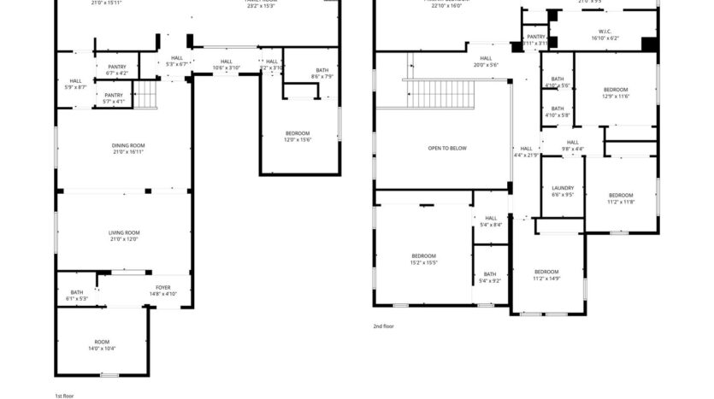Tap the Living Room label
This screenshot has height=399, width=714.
pos(124,236)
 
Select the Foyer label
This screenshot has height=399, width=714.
pos(162,290)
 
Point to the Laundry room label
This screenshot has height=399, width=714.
pos(563,191)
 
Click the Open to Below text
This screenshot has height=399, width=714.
pos(447,148)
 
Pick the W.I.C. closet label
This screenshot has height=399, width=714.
pos(603,35)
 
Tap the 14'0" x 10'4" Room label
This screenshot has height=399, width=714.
pos(102,344)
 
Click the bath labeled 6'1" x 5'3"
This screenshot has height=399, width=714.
pos(77,296)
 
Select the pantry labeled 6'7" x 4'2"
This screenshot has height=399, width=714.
pos(116,69)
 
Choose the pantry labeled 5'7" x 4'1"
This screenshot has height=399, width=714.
pos(114,98)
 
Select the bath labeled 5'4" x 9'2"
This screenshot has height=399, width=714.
pos(490,278)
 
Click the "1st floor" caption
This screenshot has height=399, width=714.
pos(66,396)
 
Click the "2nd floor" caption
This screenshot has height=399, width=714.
pos(383,326)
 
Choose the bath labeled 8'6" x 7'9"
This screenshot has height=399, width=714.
pos(322,73)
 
